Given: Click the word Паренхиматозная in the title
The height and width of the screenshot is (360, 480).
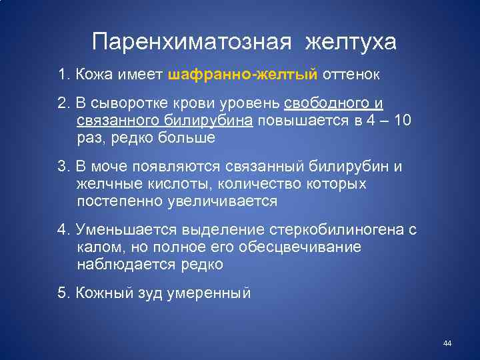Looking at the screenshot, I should click(193, 42).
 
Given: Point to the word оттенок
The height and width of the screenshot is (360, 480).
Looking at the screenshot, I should click(351, 75).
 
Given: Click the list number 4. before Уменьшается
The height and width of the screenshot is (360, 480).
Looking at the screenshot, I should click(64, 231).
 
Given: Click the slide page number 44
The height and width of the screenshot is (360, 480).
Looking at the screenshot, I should click(447, 343).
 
